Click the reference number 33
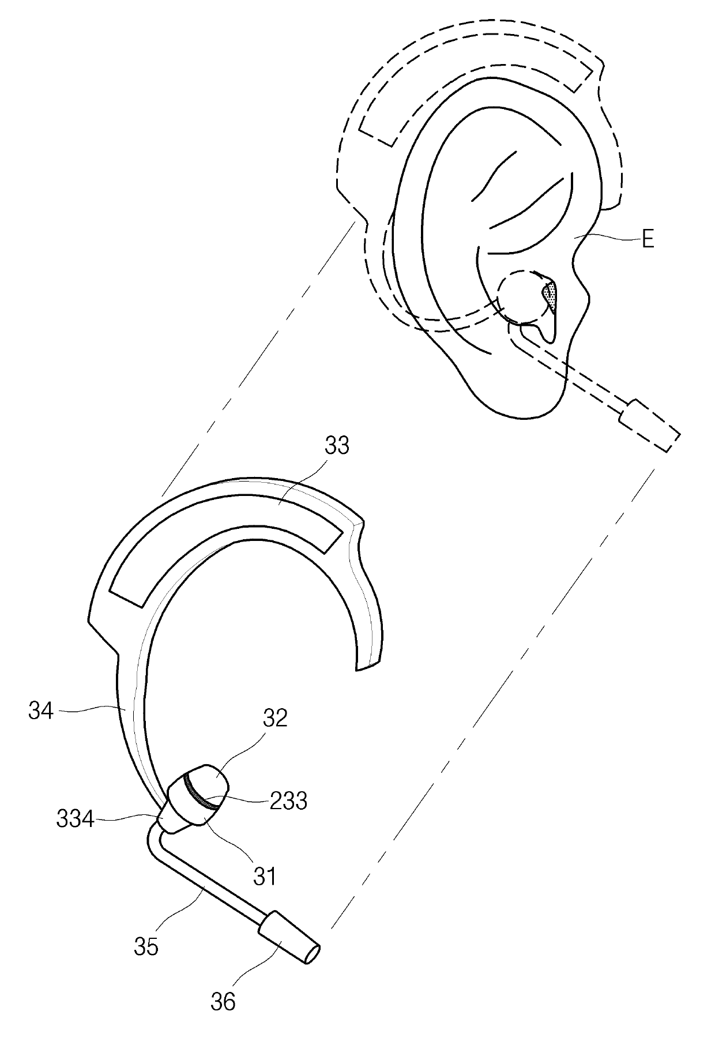tap(337, 445)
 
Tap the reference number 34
tap(41, 711)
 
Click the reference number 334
tap(75, 819)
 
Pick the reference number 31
tap(265, 876)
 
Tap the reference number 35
tap(145, 946)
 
